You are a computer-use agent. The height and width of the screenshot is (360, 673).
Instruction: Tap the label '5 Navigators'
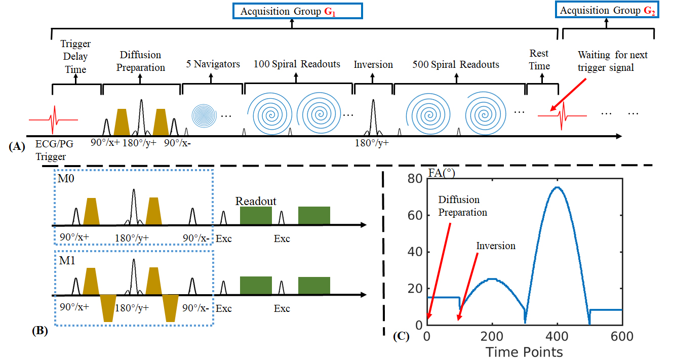click(x=212, y=64)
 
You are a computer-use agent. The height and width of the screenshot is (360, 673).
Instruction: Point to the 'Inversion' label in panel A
click(x=373, y=64)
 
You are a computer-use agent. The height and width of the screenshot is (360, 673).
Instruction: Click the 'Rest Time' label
click(x=539, y=59)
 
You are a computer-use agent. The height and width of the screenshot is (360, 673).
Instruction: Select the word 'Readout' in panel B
click(x=256, y=201)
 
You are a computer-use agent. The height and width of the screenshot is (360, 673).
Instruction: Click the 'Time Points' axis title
click(x=524, y=351)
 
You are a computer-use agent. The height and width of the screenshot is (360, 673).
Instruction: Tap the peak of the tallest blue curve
click(x=557, y=187)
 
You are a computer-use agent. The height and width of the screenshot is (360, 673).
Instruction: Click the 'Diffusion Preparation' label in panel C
click(x=462, y=206)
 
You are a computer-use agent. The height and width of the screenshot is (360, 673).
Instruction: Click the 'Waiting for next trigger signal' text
click(x=613, y=61)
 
